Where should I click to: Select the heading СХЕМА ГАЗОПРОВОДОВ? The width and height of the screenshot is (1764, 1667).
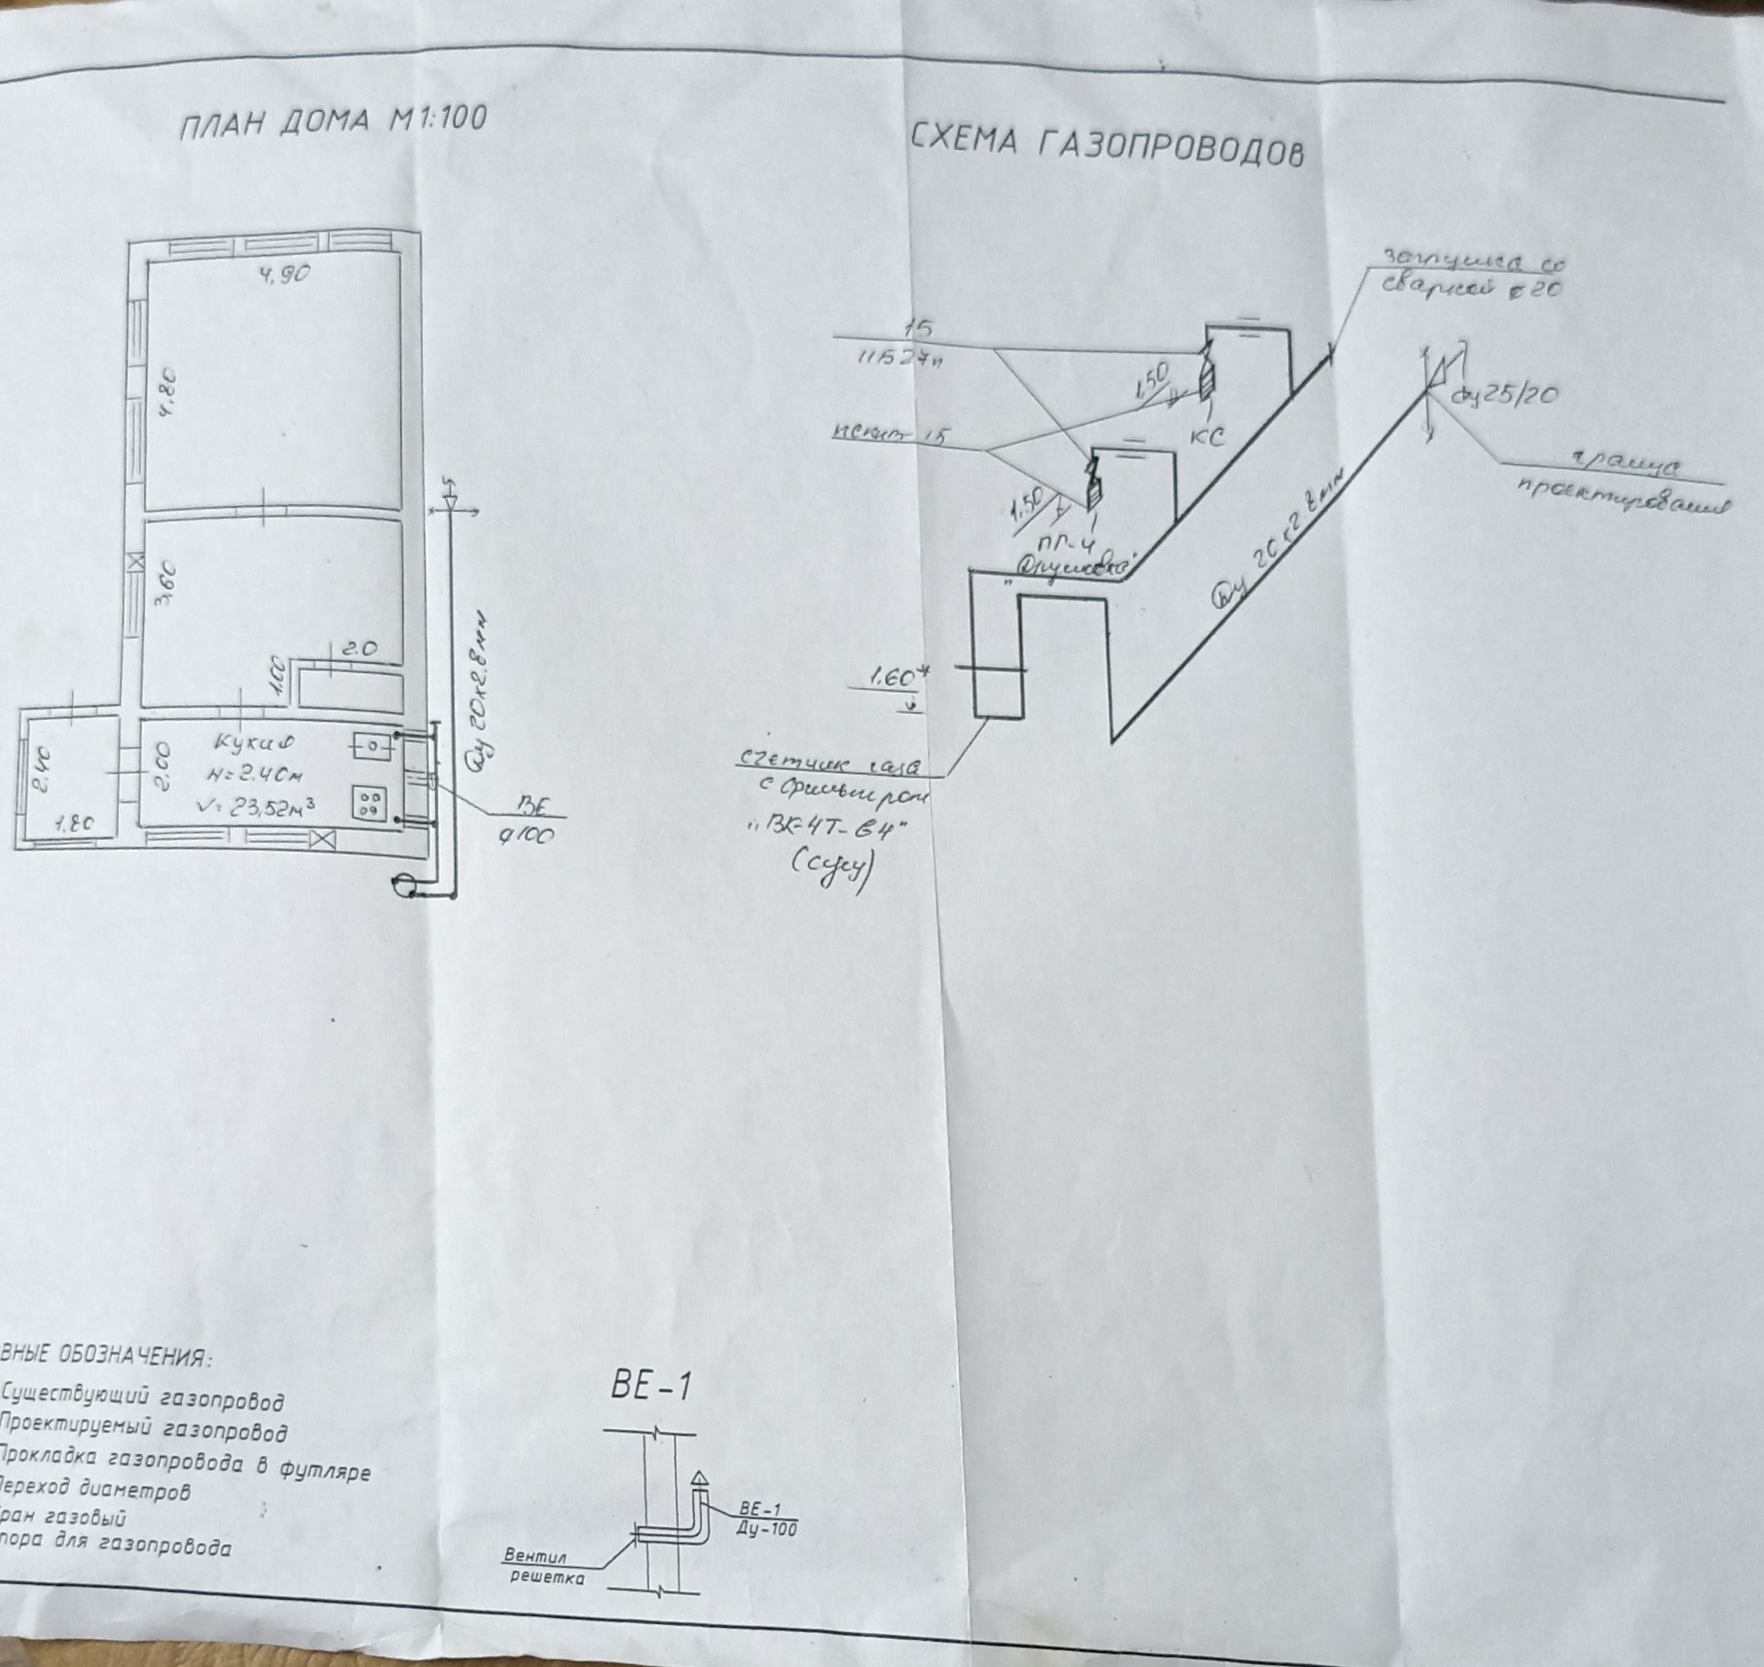point(1107,145)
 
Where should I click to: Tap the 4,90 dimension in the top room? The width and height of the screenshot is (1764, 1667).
point(284,275)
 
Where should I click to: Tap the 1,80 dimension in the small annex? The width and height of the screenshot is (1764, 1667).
point(74,823)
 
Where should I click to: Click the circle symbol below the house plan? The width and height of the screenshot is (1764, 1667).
point(402,885)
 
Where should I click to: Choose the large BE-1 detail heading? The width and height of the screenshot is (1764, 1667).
point(651,1385)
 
